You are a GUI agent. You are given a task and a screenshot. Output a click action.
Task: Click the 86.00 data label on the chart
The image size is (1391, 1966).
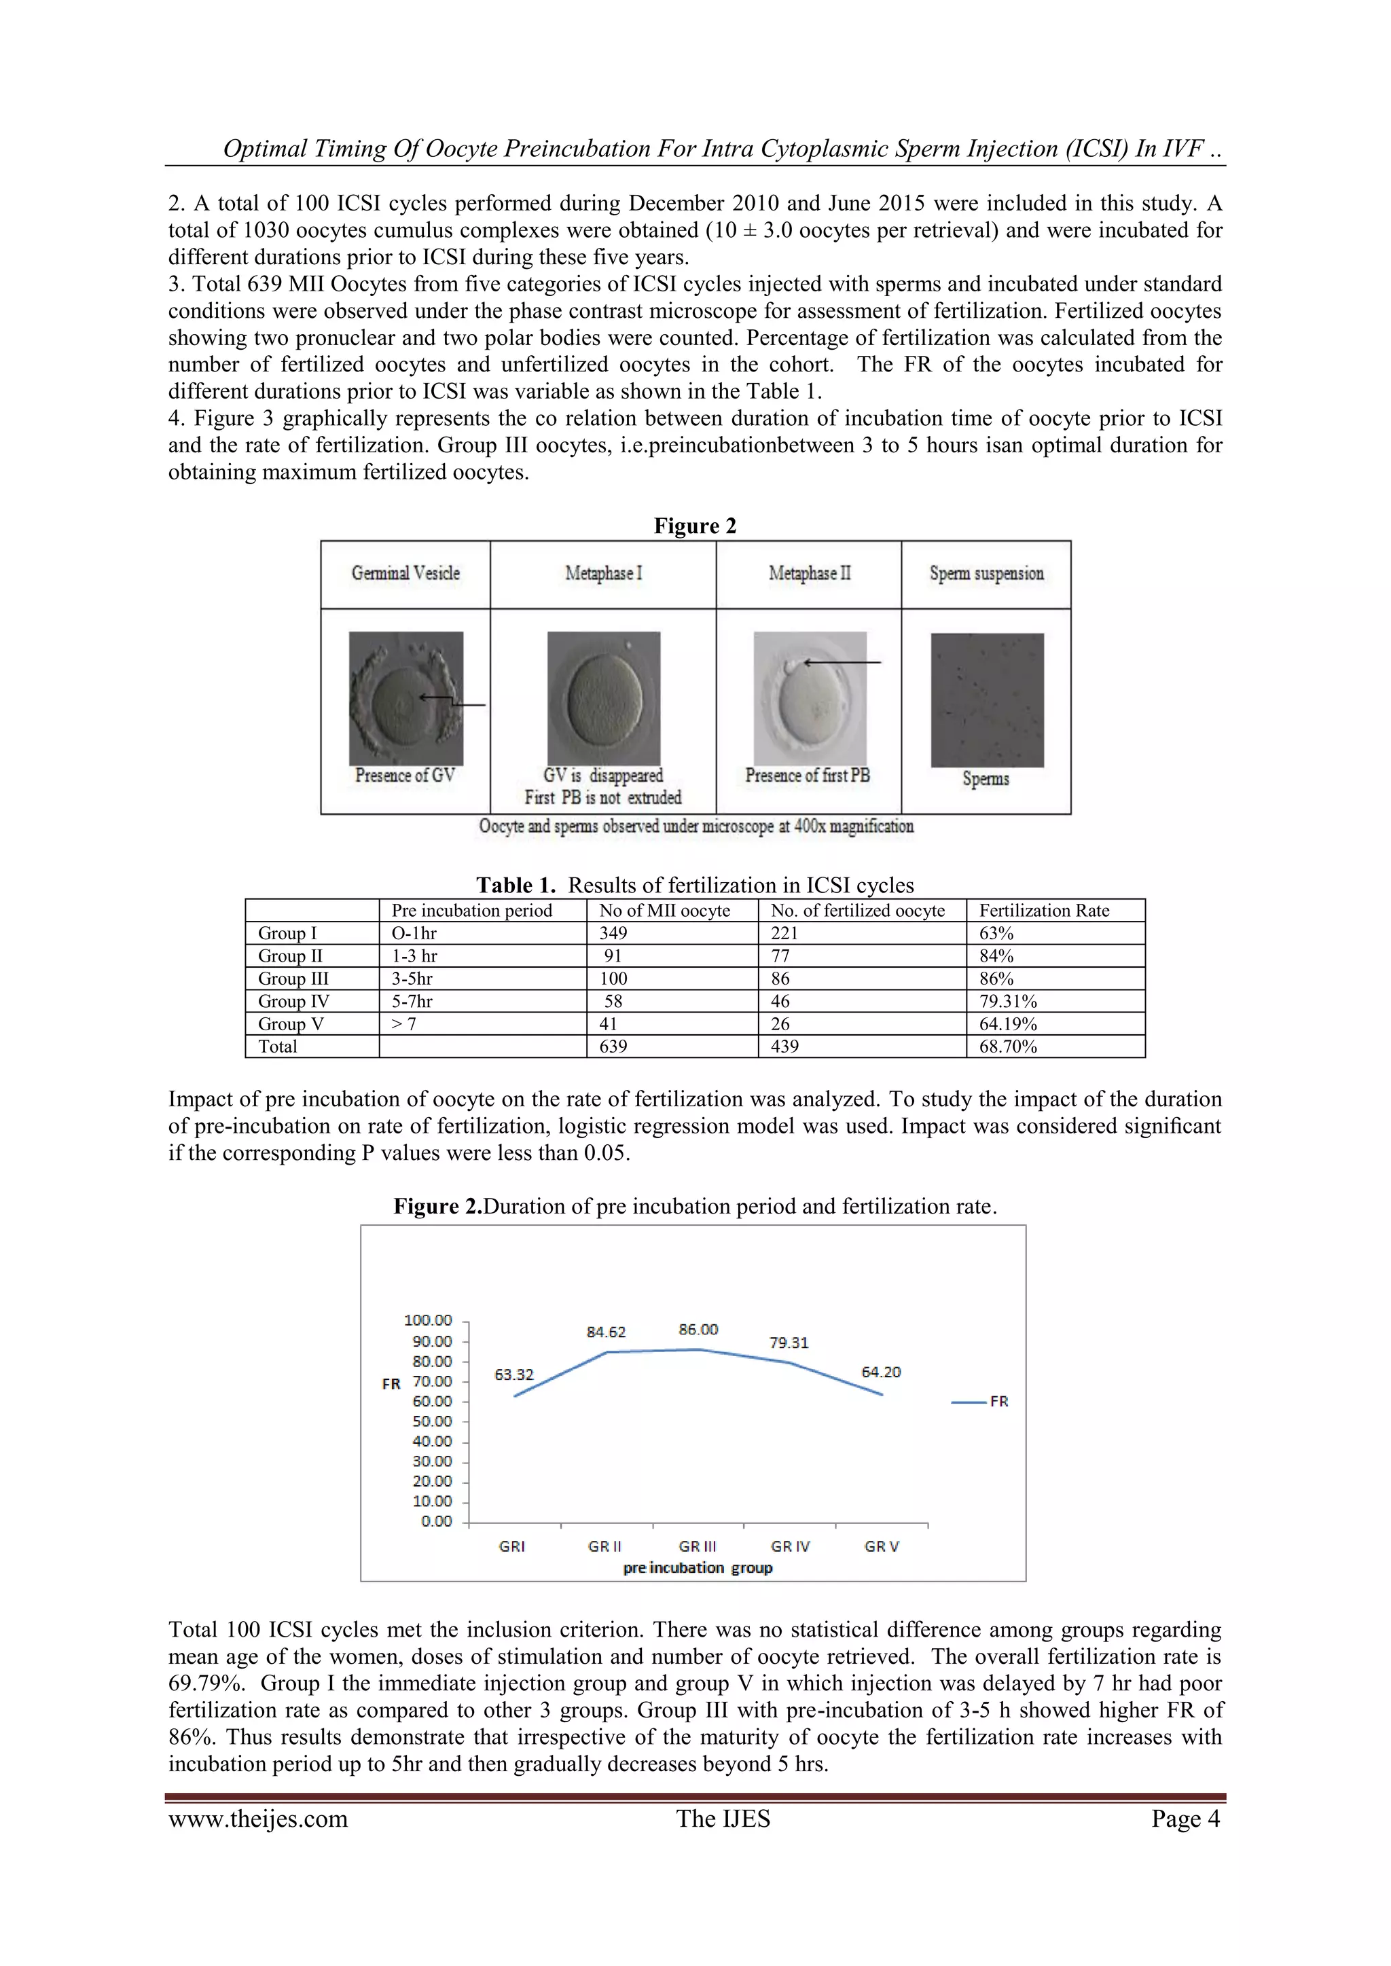(x=698, y=1329)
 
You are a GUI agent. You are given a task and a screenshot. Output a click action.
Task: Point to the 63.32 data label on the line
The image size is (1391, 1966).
(x=514, y=1375)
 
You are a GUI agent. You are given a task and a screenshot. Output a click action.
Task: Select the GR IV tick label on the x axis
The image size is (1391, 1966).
(x=790, y=1546)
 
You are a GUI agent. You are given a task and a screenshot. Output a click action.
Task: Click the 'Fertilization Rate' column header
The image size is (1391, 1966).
(x=1044, y=910)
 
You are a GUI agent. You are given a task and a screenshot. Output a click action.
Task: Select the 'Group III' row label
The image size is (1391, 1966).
(x=293, y=979)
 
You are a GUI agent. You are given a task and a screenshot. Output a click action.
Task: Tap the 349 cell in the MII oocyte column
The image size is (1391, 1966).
(x=613, y=933)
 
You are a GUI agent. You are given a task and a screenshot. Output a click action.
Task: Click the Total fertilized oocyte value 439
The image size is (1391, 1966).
(x=784, y=1046)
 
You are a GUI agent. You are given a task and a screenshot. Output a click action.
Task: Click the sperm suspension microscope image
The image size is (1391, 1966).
(x=987, y=699)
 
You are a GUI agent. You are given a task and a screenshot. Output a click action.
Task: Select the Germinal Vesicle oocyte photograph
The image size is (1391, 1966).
(x=406, y=698)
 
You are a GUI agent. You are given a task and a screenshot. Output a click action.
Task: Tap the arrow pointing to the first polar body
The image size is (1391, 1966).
(x=843, y=663)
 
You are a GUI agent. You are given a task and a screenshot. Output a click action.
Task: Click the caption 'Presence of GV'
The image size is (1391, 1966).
(x=405, y=776)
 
